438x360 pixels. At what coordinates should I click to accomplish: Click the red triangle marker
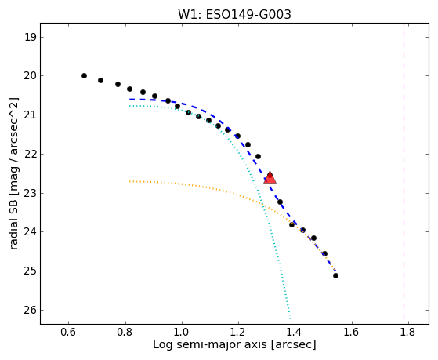click(270, 177)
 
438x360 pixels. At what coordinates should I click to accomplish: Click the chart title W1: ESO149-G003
click(234, 15)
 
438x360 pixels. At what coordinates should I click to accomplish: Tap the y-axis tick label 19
click(31, 37)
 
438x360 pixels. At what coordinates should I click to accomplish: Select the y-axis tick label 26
click(31, 311)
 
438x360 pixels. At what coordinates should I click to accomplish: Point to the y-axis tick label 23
click(31, 193)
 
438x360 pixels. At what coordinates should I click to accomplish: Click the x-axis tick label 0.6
click(68, 332)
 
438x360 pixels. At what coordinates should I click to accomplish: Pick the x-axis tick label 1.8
click(408, 332)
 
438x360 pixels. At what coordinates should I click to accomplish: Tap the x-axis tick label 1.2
click(238, 332)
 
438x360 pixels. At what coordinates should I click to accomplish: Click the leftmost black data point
click(84, 75)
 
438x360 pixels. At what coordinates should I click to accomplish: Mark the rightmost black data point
click(336, 276)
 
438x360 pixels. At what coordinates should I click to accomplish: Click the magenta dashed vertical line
click(404, 171)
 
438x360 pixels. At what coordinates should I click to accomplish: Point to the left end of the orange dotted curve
click(130, 181)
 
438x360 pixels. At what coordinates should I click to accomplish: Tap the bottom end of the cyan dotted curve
click(291, 322)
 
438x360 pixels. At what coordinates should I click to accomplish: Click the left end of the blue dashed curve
click(130, 100)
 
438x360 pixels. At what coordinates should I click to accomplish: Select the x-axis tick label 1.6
click(352, 332)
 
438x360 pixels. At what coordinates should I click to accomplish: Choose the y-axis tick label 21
click(31, 115)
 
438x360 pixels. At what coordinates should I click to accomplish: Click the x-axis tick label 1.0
click(182, 332)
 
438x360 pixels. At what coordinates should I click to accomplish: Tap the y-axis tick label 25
click(31, 271)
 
